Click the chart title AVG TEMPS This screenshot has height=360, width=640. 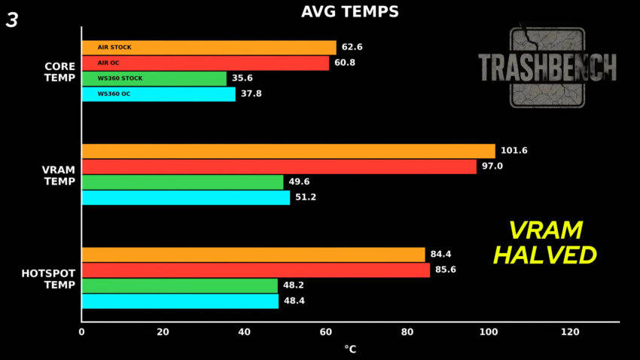[350, 11]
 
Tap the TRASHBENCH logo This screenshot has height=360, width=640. [547, 67]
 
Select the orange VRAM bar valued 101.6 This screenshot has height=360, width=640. [288, 151]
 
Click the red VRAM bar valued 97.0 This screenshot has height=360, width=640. [279, 166]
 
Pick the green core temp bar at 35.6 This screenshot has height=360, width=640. [154, 78]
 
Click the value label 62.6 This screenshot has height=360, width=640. [352, 47]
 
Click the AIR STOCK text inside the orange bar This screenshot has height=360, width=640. [114, 47]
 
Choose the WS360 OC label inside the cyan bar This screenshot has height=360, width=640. [114, 94]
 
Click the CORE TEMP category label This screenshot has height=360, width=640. [59, 72]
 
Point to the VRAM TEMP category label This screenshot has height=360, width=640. [59, 175]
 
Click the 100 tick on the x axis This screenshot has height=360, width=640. [489, 332]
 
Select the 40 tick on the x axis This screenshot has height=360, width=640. [244, 332]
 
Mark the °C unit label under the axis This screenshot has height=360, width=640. [350, 349]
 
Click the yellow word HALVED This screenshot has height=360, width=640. [544, 255]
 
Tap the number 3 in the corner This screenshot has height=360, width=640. [12, 20]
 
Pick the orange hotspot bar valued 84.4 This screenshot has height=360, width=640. [253, 255]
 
